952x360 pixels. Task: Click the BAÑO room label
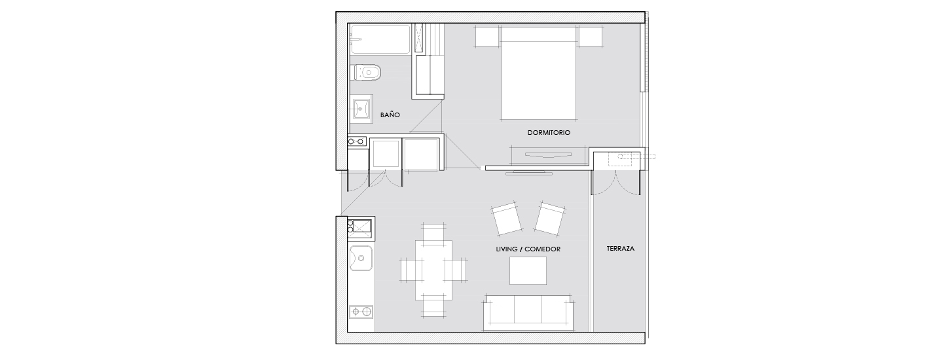(x=390, y=115)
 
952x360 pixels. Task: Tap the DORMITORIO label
(x=549, y=133)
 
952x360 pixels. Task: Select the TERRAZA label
(x=621, y=249)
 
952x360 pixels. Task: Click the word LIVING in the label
(x=507, y=249)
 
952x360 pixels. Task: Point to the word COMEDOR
(x=542, y=249)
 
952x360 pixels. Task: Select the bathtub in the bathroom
(x=380, y=39)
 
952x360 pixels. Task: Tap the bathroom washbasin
(x=361, y=109)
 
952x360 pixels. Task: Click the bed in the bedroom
(x=538, y=73)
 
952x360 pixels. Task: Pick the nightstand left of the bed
(x=487, y=36)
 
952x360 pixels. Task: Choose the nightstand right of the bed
(x=591, y=36)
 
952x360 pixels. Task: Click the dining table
(x=433, y=270)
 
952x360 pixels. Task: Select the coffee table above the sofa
(x=528, y=271)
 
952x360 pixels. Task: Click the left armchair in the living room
(x=506, y=219)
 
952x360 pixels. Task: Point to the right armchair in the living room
(x=551, y=219)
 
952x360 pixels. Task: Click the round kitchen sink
(x=361, y=258)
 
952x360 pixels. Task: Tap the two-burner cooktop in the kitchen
(x=361, y=312)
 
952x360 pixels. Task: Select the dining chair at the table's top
(x=434, y=232)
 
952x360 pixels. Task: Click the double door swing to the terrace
(x=616, y=183)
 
